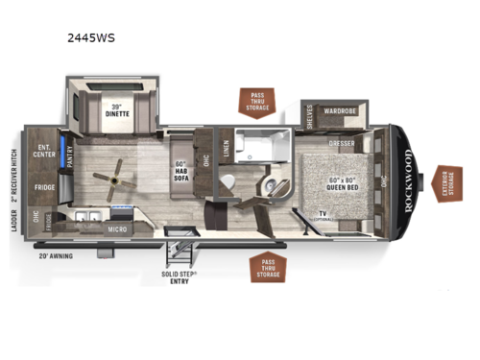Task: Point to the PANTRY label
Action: click(71, 156)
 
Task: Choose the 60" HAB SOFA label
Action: click(182, 156)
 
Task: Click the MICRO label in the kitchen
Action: click(118, 228)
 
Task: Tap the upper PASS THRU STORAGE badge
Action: click(257, 104)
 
